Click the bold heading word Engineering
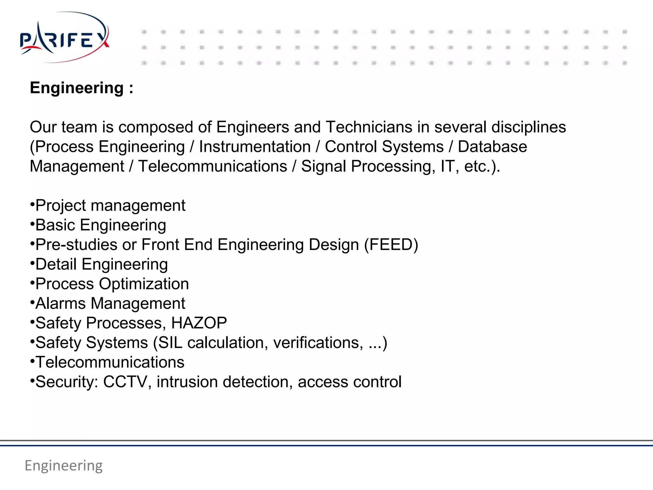pos(77,88)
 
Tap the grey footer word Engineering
pos(64,465)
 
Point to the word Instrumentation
pos(255,147)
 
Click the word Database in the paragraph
pos(492,147)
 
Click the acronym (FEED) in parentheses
pos(391,245)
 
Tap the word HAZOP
pos(199,323)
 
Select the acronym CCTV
pos(125,382)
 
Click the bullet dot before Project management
pos(32,204)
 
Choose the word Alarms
pos(61,303)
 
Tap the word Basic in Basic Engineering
pos(55,225)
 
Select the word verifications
pos(318,343)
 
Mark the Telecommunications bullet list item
pos(110,362)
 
